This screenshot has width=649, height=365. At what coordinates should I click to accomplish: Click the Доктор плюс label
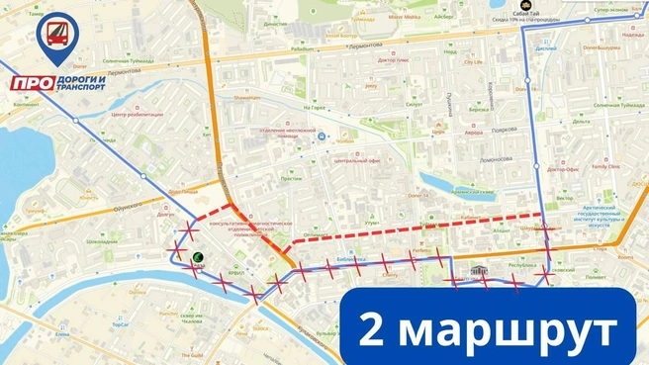[392, 58]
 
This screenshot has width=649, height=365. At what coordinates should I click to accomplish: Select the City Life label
[475, 62]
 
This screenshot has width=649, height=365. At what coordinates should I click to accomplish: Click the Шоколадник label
[102, 241]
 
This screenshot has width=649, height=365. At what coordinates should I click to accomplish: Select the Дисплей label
[545, 47]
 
